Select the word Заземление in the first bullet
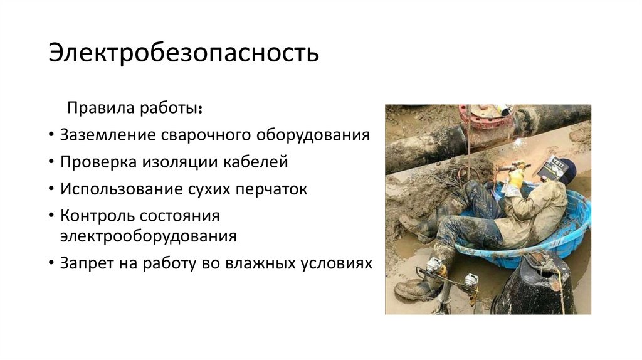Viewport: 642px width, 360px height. click(x=107, y=135)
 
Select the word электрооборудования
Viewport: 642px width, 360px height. click(x=149, y=236)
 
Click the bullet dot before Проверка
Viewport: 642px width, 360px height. click(x=50, y=162)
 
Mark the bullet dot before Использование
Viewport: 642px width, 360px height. click(x=50, y=189)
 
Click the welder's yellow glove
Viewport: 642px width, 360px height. click(x=515, y=179)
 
